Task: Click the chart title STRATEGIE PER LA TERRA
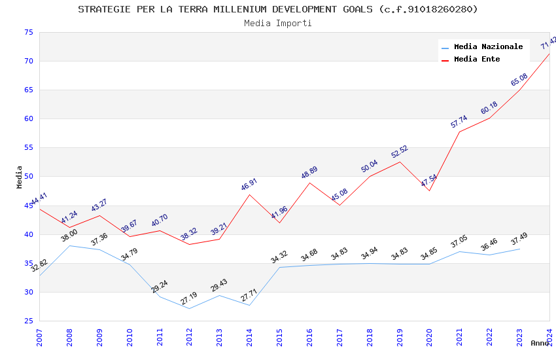tap(278, 9)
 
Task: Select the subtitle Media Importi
tap(278, 23)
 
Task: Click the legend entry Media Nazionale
tap(488, 47)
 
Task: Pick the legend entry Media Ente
tap(477, 59)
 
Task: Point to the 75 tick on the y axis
tap(28, 32)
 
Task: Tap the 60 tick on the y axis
tap(28, 118)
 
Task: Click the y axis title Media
tap(20, 177)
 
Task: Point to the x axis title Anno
tap(540, 343)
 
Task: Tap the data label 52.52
tap(399, 152)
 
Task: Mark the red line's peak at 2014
tap(249, 194)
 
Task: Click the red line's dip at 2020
tap(429, 190)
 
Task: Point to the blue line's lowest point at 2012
tap(189, 308)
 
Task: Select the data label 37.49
tap(519, 238)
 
